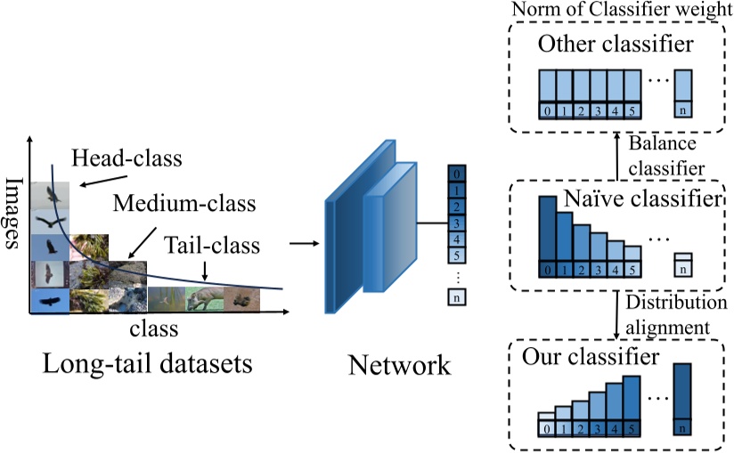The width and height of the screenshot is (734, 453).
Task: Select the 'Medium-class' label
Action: point(183,204)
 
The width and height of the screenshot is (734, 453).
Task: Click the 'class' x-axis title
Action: point(154,329)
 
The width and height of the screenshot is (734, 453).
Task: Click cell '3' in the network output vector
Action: point(457,222)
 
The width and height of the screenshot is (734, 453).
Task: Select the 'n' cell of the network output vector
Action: point(457,299)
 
